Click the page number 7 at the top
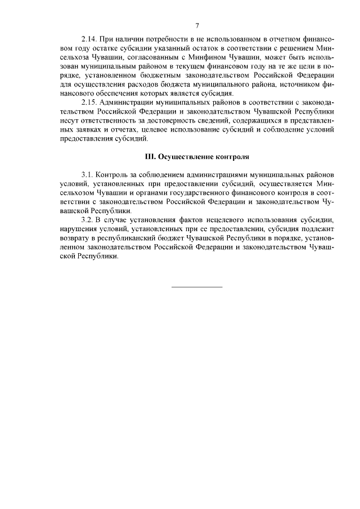(x=197, y=26)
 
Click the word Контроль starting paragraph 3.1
(x=112, y=175)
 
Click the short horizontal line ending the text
(x=197, y=287)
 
